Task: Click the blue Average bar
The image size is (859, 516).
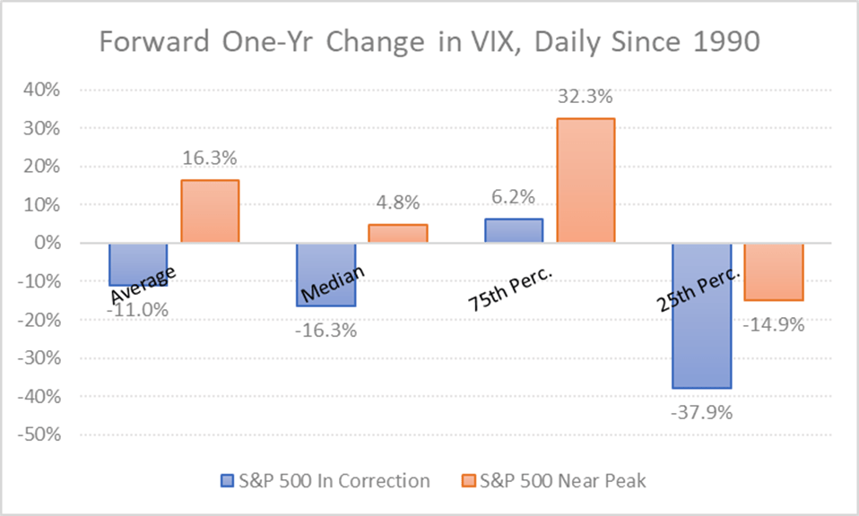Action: (x=138, y=264)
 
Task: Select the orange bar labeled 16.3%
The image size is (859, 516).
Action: (x=210, y=211)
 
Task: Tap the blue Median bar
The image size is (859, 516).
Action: (x=326, y=274)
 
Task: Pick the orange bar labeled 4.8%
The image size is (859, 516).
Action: (x=398, y=233)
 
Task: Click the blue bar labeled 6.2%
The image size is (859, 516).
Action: (x=514, y=230)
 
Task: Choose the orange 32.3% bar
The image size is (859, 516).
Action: (x=586, y=180)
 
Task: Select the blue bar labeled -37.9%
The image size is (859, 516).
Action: (x=702, y=315)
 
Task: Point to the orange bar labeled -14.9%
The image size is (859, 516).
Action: (x=774, y=271)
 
